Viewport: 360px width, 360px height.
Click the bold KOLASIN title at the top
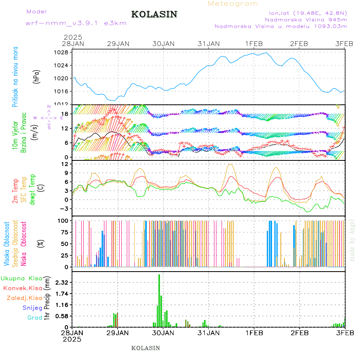(154, 14)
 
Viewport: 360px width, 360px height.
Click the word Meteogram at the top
(233, 4)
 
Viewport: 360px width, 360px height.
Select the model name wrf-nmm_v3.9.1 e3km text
(76, 23)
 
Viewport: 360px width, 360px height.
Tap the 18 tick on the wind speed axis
(66, 114)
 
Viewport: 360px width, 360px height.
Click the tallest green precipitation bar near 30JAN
(159, 300)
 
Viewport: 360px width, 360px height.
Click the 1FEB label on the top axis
(254, 44)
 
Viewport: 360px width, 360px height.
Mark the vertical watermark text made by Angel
(352, 240)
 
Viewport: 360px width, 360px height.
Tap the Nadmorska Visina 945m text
(306, 19)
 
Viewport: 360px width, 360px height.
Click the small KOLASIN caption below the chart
(146, 348)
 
